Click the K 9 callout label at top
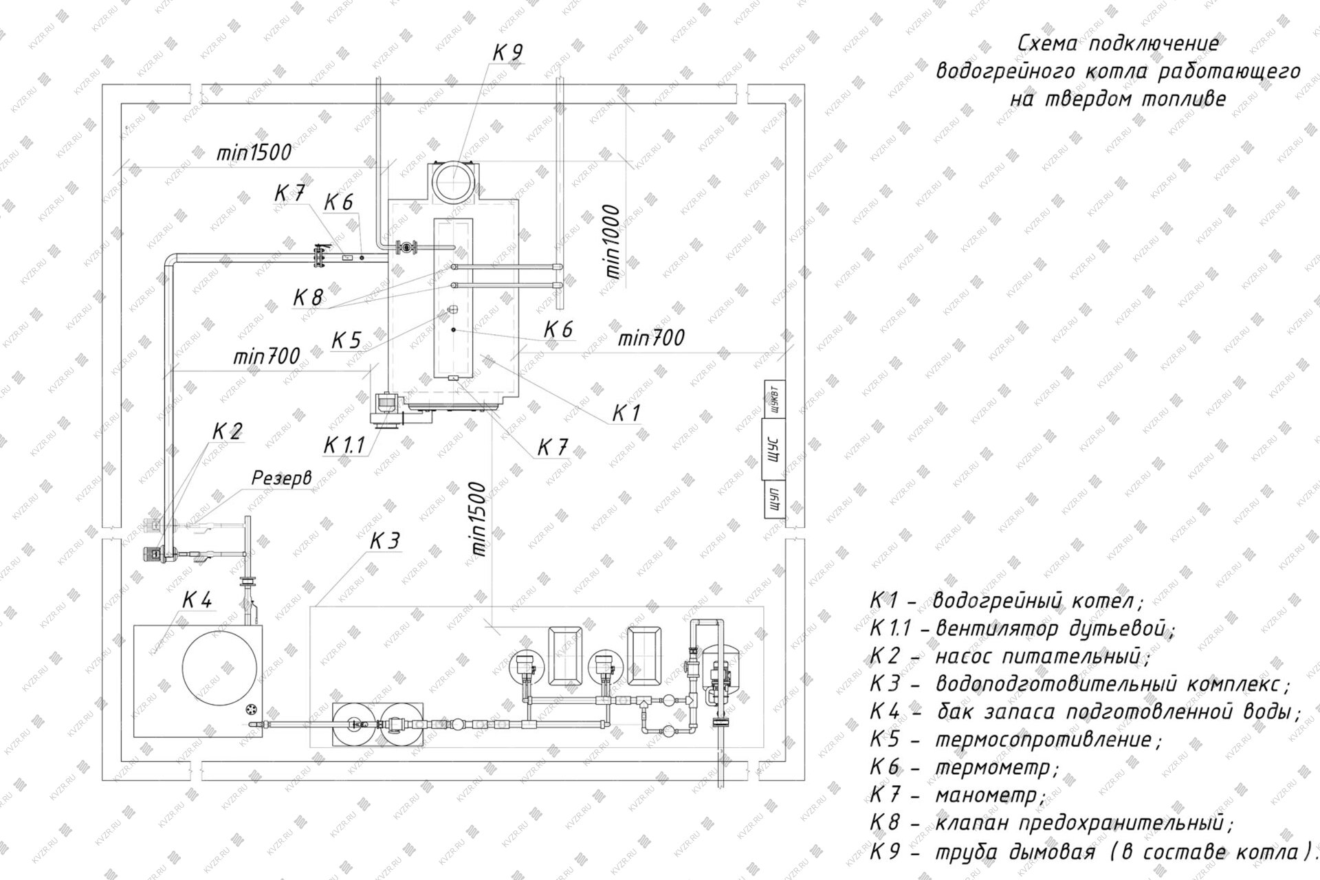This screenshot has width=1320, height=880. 508,53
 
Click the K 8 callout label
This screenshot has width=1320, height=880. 307,298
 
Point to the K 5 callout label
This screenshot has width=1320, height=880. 346,340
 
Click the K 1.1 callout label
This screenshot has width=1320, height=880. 344,445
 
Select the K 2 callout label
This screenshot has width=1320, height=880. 227,432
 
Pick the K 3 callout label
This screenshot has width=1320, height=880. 384,542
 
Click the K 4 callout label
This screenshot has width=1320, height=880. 197,600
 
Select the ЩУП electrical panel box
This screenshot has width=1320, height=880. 773,498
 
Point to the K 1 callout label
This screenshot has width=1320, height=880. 626,413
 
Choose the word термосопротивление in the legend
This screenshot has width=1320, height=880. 1048,740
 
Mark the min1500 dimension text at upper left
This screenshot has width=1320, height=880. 254,153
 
